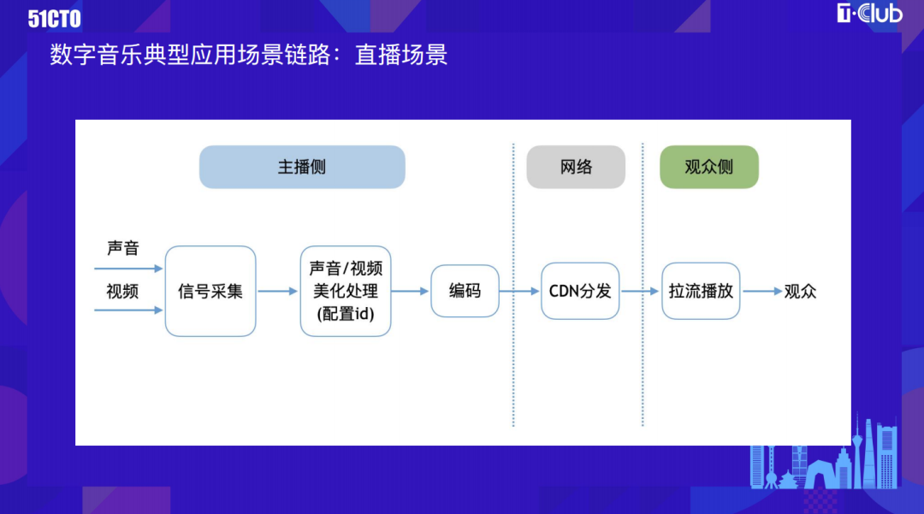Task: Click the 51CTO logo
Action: [x=54, y=19]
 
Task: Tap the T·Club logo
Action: [x=869, y=13]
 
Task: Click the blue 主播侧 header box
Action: [x=302, y=168]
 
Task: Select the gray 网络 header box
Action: [x=576, y=168]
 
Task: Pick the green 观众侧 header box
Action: [x=709, y=168]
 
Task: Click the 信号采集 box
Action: [x=210, y=292]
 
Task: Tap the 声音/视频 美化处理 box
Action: [x=346, y=292]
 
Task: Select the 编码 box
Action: [x=465, y=291]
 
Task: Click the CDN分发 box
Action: [x=580, y=291]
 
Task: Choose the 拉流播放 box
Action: [x=701, y=291]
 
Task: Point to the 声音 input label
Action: [x=122, y=248]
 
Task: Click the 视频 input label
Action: [x=122, y=291]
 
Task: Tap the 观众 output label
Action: [x=800, y=291]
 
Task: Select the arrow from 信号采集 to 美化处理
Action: [x=277, y=291]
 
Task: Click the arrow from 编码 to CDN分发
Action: [x=519, y=291]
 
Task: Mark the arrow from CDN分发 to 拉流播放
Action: [x=640, y=291]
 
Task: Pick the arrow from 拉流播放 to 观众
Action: [x=762, y=291]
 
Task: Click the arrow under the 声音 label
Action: [x=128, y=269]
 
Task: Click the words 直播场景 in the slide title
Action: [x=401, y=55]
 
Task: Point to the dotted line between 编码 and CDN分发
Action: [x=513, y=285]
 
